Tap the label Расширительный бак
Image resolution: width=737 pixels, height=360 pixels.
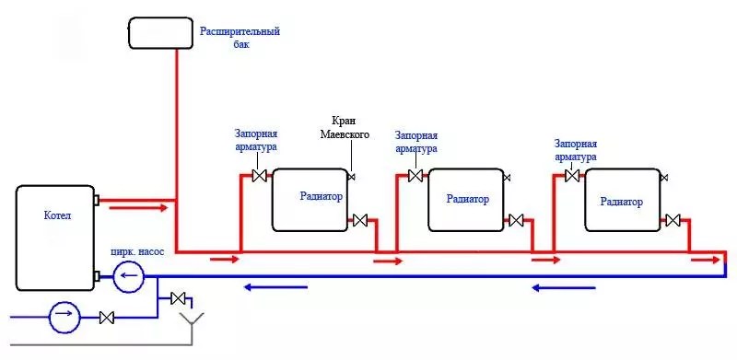240,38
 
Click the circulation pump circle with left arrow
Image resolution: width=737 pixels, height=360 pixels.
128,277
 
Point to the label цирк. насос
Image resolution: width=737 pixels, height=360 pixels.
137,252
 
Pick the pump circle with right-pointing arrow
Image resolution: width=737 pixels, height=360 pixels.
64,318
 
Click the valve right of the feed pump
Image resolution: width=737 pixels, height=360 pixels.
107,318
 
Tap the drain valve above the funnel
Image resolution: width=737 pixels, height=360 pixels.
179,298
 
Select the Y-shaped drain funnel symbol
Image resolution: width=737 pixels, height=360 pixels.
192,325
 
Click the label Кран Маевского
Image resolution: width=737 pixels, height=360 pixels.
345,127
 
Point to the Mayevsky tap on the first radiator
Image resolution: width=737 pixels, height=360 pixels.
351,177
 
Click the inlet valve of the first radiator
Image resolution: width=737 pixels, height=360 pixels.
260,176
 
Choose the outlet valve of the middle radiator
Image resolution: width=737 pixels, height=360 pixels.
516,220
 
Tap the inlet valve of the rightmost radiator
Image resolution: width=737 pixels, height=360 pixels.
572,176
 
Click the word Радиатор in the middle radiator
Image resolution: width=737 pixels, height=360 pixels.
468,199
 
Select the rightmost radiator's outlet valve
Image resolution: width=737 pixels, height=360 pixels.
673,220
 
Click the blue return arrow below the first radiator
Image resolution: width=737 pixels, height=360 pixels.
275,287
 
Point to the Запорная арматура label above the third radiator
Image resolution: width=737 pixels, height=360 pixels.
575,150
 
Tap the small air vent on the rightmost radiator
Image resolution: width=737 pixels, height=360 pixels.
664,178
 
